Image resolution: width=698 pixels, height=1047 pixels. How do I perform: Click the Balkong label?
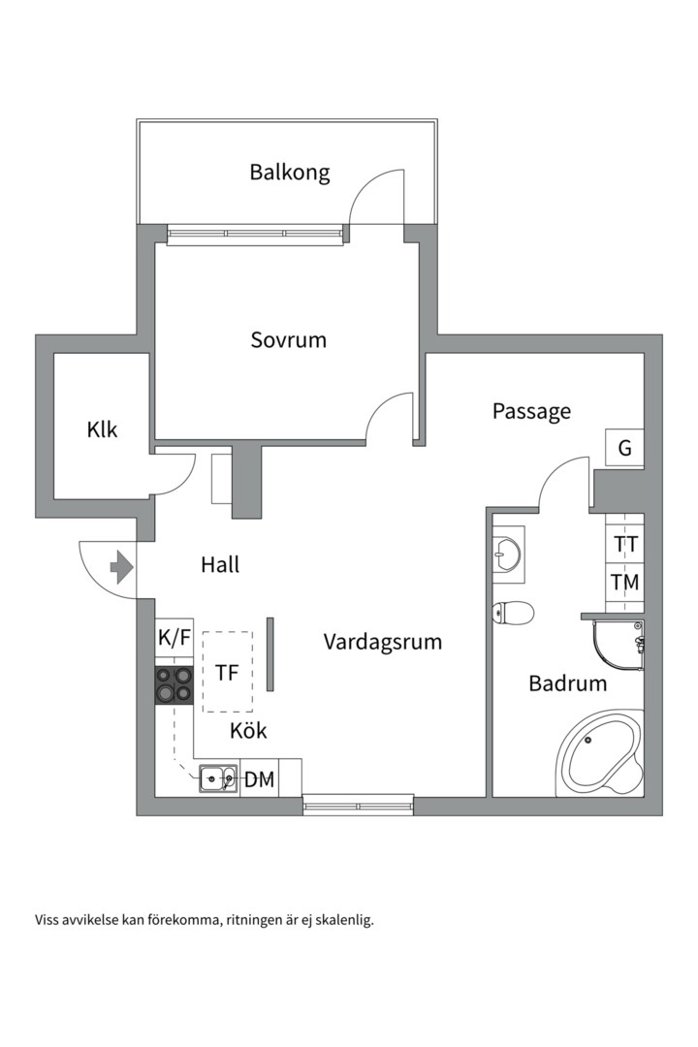(289, 173)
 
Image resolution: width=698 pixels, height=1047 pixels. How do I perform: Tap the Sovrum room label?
(289, 340)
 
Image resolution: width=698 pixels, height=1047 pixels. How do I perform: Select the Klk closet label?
(102, 429)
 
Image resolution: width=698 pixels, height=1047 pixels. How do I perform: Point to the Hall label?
(220, 565)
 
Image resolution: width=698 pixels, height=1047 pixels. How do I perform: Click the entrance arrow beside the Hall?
(121, 567)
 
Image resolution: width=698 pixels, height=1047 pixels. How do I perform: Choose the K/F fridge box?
(174, 638)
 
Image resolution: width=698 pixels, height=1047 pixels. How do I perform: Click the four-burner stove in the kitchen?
(174, 685)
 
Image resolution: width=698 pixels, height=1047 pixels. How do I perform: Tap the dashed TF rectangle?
(228, 672)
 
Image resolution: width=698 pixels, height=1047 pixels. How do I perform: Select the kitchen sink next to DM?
(218, 777)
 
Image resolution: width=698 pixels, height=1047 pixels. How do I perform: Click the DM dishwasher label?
(259, 779)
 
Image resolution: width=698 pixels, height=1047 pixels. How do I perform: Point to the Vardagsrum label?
(383, 642)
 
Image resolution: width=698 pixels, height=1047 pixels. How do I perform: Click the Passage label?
(531, 411)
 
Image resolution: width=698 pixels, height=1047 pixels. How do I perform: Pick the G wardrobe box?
(624, 447)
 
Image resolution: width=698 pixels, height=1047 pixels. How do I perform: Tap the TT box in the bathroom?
(625, 544)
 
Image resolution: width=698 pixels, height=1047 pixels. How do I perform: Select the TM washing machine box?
(625, 583)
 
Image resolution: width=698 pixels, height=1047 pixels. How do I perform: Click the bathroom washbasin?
(508, 552)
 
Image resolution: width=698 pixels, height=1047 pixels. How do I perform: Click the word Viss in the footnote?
(47, 920)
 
